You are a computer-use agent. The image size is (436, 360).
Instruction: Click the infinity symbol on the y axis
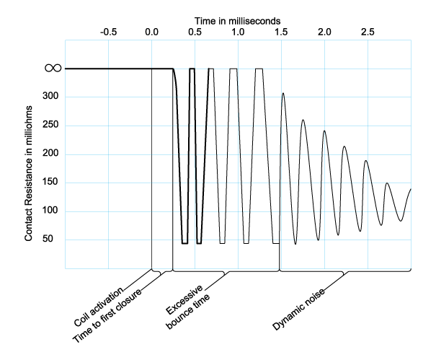53,68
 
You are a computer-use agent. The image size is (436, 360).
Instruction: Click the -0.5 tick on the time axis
109,32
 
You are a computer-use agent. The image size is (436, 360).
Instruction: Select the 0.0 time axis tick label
152,32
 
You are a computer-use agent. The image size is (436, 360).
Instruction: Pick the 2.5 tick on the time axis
368,32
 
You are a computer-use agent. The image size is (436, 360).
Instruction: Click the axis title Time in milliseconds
238,14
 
